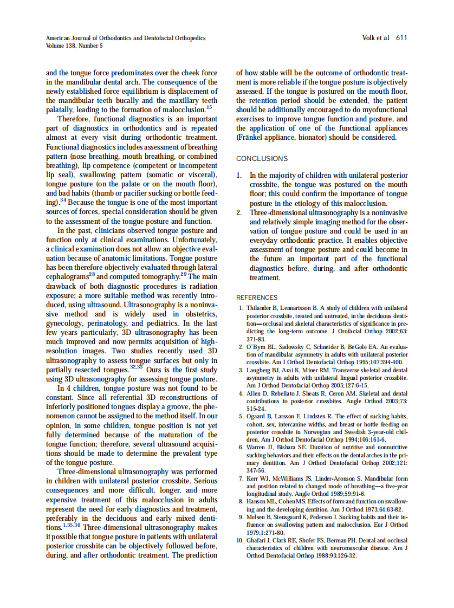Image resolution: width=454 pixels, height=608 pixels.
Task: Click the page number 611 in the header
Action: pos(401,38)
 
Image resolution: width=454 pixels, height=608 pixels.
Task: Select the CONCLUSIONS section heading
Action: pos(262,159)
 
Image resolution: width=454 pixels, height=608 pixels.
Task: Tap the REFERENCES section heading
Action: pos(257,297)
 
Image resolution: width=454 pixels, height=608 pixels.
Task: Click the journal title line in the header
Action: pos(126,38)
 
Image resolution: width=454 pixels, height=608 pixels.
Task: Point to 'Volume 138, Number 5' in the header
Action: pos(74,46)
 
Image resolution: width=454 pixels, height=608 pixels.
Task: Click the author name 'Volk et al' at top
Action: pos(375,38)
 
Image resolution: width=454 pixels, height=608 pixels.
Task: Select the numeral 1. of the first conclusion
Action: pos(239,176)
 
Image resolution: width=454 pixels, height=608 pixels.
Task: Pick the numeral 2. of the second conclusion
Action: pos(239,213)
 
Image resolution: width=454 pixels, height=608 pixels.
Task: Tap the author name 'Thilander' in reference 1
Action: pos(258,308)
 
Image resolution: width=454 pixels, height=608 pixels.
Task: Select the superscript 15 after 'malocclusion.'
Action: pos(209,107)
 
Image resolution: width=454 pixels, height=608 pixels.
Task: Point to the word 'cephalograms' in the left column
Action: pos(67,276)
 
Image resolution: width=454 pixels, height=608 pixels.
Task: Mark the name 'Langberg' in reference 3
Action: pos(258,370)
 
